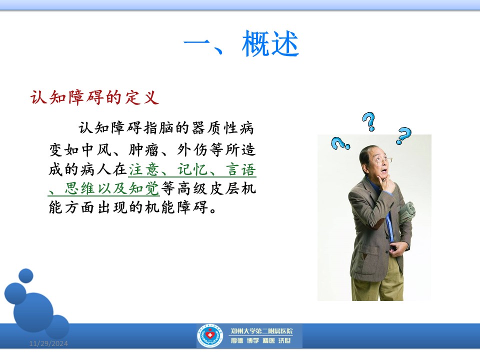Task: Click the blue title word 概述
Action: click(270, 44)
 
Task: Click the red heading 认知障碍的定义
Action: click(94, 97)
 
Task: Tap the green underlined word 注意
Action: click(144, 169)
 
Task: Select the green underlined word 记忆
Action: click(192, 169)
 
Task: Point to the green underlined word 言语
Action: click(241, 169)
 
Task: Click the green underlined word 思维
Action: click(80, 188)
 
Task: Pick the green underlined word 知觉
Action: click(144, 188)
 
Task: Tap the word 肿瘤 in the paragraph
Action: click(144, 150)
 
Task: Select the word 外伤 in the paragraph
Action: click(192, 150)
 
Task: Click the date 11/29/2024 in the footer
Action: click(48, 343)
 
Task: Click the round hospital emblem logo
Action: click(210, 336)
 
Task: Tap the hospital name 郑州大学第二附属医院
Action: click(261, 331)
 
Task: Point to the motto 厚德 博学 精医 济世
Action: click(260, 340)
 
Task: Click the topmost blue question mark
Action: click(369, 121)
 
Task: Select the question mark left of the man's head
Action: click(340, 143)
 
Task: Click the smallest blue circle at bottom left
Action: click(25, 275)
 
